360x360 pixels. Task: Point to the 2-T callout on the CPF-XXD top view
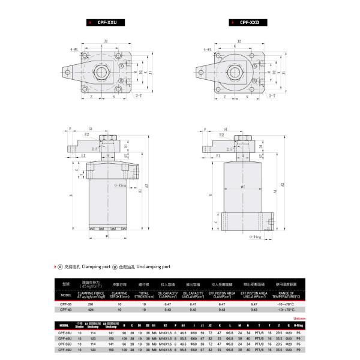click(272, 95)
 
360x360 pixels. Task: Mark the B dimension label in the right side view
click(209, 195)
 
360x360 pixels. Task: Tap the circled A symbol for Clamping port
click(60, 266)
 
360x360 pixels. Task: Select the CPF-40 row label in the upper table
click(66, 311)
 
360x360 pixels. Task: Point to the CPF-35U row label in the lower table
click(67, 331)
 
